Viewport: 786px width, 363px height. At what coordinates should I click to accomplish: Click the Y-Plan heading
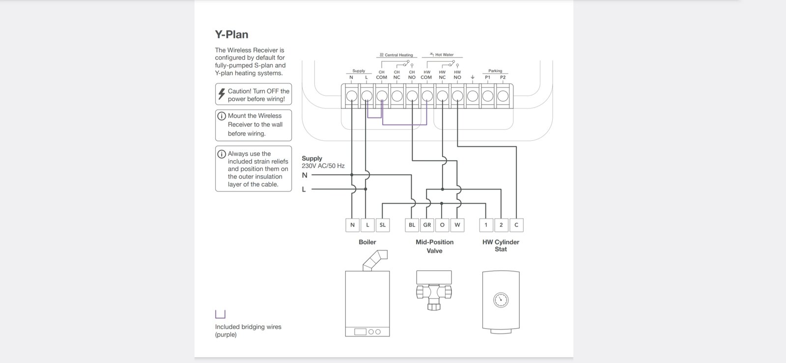click(x=231, y=34)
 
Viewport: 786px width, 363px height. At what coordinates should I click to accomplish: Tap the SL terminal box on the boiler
click(x=383, y=225)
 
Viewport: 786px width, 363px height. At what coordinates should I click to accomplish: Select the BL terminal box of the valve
click(x=412, y=225)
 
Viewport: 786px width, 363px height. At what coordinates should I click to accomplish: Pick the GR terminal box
click(x=427, y=225)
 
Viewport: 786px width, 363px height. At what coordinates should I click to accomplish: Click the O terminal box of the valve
click(x=442, y=225)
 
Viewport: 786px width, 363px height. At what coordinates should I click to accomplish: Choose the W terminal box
click(x=457, y=225)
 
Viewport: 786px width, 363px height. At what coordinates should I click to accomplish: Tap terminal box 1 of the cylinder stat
click(x=486, y=225)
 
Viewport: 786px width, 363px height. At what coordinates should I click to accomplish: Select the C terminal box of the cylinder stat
click(x=516, y=225)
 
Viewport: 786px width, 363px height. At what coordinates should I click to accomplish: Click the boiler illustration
click(x=367, y=300)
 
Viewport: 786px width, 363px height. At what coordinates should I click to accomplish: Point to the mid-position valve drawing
click(x=434, y=290)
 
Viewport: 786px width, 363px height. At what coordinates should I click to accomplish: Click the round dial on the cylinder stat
click(x=501, y=300)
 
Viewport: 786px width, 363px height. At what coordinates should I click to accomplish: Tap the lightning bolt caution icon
click(x=222, y=94)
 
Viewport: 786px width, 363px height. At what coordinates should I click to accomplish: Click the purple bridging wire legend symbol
click(x=220, y=314)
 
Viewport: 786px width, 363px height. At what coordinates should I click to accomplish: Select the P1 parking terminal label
click(x=487, y=78)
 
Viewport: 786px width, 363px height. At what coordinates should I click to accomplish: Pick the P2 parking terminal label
click(x=503, y=78)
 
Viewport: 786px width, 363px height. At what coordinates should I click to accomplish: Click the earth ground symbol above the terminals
click(x=473, y=77)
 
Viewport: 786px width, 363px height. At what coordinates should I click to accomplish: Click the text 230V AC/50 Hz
click(x=323, y=166)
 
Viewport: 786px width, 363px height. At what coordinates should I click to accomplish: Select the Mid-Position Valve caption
click(x=434, y=246)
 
